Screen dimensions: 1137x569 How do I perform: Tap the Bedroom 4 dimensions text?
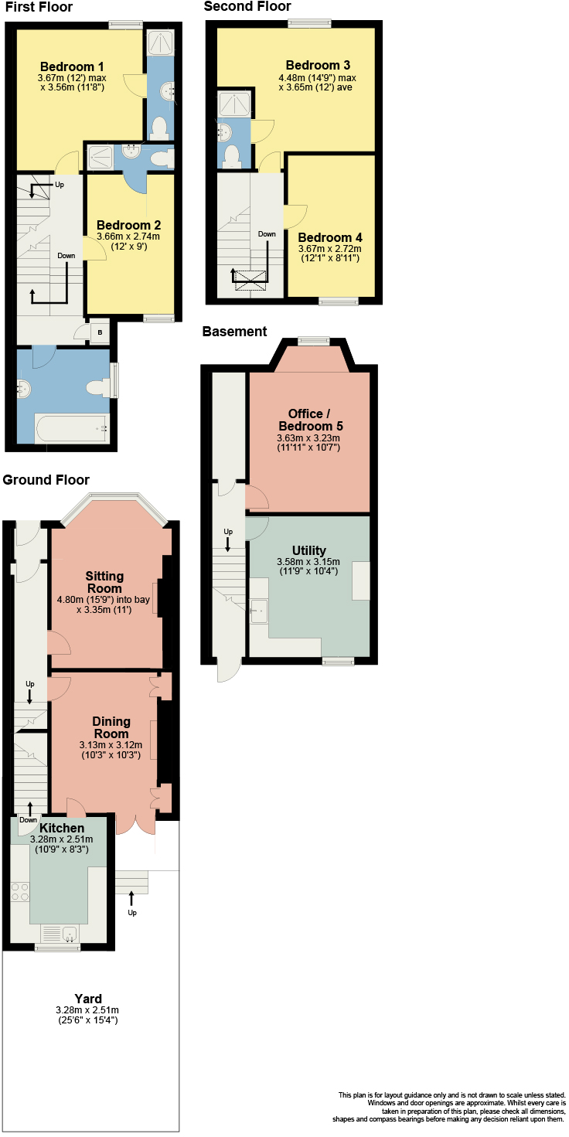click(x=329, y=254)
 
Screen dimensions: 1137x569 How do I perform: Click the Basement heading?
click(x=234, y=332)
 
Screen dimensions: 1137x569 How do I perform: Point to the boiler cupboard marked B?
click(x=101, y=332)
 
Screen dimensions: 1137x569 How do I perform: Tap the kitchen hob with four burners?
click(x=20, y=892)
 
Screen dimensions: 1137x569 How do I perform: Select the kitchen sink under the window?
click(x=60, y=934)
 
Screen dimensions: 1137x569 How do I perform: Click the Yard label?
click(x=87, y=999)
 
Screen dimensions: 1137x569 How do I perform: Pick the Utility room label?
click(x=308, y=550)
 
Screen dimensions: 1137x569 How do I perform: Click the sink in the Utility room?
click(x=259, y=611)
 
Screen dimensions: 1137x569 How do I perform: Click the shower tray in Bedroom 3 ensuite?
click(x=231, y=104)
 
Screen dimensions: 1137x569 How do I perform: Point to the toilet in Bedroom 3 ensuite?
click(x=230, y=157)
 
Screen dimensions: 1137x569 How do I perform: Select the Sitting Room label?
click(x=104, y=582)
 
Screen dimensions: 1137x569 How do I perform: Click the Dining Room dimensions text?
click(x=111, y=750)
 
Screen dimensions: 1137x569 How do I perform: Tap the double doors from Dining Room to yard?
click(x=135, y=823)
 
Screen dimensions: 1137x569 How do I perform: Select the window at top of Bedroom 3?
click(x=305, y=24)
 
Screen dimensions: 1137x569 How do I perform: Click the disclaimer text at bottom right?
click(x=451, y=1107)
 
